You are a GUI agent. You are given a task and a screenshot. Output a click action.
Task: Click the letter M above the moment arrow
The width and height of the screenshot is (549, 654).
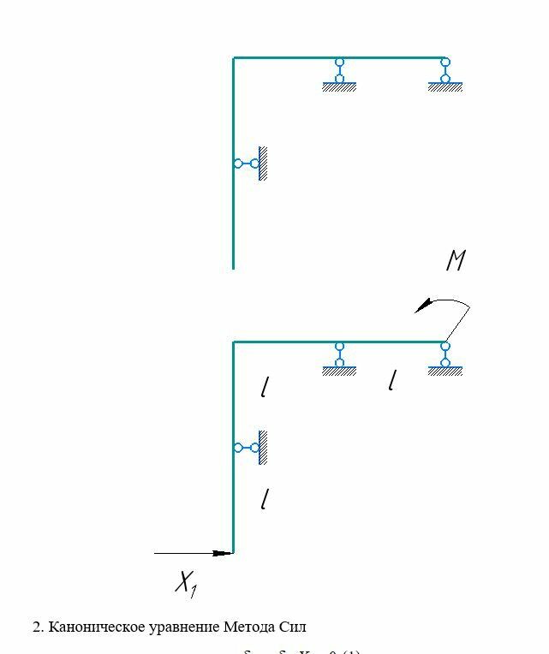(x=456, y=260)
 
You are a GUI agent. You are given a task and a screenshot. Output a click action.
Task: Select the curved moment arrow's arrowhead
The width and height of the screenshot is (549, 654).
(x=421, y=309)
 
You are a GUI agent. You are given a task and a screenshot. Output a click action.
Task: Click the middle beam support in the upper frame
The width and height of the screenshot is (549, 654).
(x=339, y=74)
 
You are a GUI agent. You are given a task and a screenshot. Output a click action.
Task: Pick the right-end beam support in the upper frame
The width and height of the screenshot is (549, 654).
(x=445, y=74)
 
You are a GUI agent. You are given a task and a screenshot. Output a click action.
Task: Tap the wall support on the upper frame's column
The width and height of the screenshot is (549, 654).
(x=252, y=163)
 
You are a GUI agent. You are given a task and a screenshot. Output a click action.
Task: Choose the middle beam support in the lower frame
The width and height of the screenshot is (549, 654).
(x=339, y=359)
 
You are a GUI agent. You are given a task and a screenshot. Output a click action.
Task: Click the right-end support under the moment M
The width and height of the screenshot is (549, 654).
(x=445, y=359)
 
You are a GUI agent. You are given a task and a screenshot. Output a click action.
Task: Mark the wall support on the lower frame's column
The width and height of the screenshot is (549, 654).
(x=252, y=448)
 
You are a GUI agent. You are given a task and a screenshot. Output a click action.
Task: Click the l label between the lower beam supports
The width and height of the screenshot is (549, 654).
(x=391, y=380)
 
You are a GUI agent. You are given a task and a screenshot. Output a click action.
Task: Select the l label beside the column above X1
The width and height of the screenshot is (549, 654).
(x=265, y=499)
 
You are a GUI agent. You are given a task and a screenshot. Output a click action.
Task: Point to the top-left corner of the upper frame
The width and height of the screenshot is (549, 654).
(x=234, y=58)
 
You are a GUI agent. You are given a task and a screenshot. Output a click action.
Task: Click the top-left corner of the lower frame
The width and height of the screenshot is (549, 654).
(x=234, y=342)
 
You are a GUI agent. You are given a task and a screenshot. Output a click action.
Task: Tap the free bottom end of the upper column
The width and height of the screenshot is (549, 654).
(x=233, y=267)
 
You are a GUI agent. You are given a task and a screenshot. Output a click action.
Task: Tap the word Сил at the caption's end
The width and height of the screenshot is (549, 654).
(x=293, y=627)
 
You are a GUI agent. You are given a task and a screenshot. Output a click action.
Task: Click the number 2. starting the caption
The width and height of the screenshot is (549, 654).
(x=39, y=627)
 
